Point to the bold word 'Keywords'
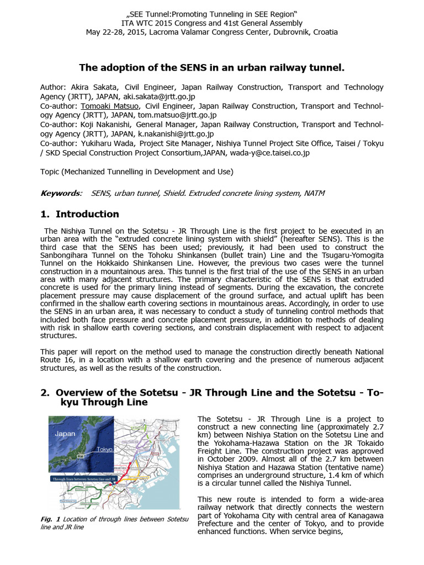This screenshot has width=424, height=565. (60, 193)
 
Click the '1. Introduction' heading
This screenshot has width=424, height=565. (79, 214)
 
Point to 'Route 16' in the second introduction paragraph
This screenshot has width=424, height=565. (58, 360)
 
